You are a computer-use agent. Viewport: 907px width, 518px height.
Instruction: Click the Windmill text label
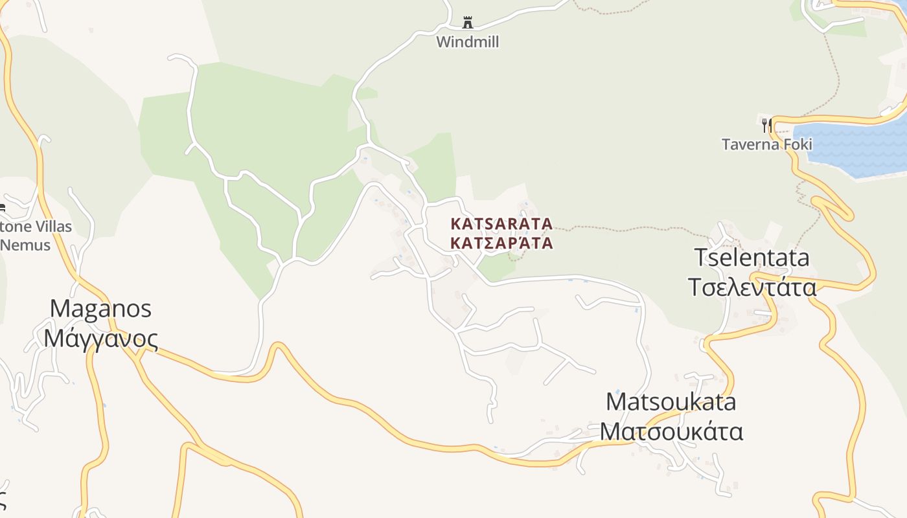click(x=467, y=42)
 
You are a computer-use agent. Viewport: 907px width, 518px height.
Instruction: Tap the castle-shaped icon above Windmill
click(x=467, y=23)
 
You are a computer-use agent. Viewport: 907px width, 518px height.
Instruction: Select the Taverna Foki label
click(x=766, y=144)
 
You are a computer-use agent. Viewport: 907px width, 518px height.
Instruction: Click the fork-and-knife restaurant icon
click(x=766, y=124)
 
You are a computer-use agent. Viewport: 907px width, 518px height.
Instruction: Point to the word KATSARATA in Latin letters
click(x=501, y=224)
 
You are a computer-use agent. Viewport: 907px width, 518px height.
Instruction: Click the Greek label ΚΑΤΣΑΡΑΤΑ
click(x=501, y=243)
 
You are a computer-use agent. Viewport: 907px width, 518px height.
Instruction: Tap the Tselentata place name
click(x=752, y=258)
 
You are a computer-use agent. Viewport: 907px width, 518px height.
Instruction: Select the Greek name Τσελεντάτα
click(x=752, y=286)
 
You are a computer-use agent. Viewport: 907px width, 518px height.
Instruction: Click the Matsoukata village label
click(x=671, y=401)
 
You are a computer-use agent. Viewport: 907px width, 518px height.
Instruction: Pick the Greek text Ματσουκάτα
click(x=671, y=431)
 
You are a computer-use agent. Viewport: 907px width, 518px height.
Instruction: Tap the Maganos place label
click(x=100, y=308)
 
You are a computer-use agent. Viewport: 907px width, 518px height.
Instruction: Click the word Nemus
click(x=26, y=245)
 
